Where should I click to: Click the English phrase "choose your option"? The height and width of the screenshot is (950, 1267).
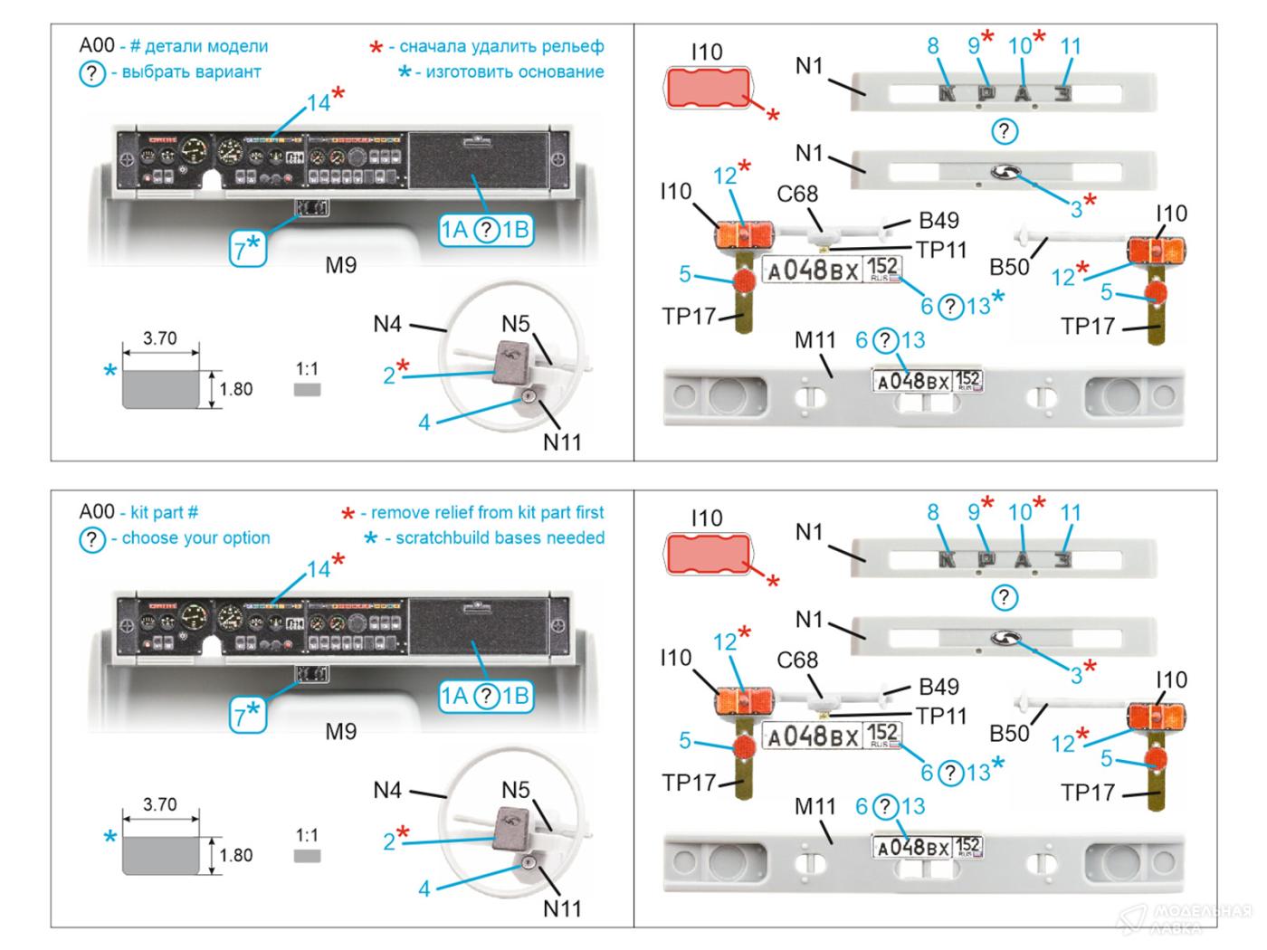[195, 537]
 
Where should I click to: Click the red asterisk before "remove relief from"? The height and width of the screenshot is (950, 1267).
[348, 514]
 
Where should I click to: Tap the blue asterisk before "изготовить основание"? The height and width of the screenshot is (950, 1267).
[404, 71]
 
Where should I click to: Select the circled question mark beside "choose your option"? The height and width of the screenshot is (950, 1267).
[92, 539]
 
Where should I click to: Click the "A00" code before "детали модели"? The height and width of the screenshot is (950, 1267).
[97, 46]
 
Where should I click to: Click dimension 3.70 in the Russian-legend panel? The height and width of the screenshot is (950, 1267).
[160, 338]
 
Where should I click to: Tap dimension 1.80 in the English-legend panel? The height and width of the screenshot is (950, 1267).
[235, 855]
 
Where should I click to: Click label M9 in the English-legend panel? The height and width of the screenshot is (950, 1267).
[341, 731]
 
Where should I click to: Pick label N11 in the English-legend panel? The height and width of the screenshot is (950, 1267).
[562, 908]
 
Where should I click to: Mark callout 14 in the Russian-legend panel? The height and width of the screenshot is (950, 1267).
[318, 104]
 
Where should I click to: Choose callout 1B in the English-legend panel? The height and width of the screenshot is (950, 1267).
[516, 696]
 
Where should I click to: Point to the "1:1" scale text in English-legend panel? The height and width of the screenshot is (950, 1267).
[307, 834]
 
